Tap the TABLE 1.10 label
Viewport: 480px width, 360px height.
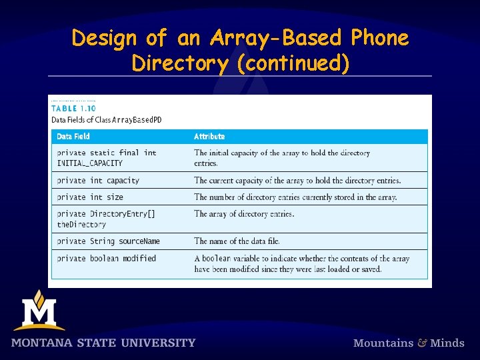[x=73, y=108]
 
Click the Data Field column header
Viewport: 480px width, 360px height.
[x=73, y=137]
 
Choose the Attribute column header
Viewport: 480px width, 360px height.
[x=209, y=137]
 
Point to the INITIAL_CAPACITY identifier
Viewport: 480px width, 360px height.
[x=90, y=163]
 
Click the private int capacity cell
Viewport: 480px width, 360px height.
[x=98, y=181]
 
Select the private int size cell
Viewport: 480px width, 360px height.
[x=90, y=197]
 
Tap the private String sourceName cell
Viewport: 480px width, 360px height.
[x=108, y=241]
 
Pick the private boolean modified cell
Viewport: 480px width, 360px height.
[x=107, y=259]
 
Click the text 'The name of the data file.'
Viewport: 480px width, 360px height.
[x=237, y=241]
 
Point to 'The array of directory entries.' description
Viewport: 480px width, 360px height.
[x=244, y=214]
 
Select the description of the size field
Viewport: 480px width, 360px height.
[x=295, y=197]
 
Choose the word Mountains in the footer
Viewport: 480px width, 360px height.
[x=383, y=343]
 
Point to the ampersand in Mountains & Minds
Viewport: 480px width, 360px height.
[x=422, y=343]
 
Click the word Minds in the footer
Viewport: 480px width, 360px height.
[x=447, y=343]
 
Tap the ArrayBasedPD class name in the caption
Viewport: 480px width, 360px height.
[x=137, y=120]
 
